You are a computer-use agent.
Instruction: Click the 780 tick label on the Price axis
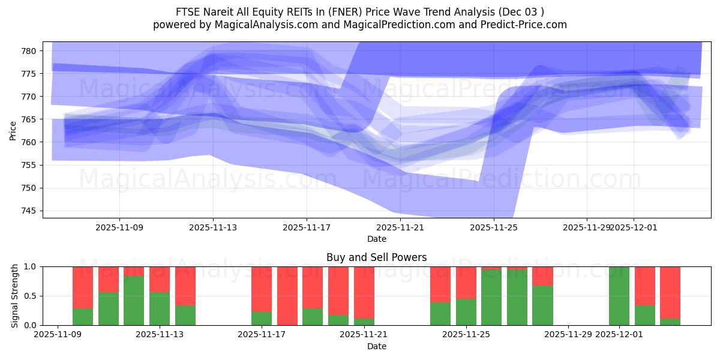(29, 51)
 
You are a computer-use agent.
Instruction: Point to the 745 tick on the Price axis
(29, 211)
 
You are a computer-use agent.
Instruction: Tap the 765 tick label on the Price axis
(29, 119)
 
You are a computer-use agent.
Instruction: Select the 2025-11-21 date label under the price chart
(400, 228)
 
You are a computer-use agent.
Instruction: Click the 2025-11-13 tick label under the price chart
(213, 228)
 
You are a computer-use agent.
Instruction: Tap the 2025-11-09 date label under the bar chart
(58, 335)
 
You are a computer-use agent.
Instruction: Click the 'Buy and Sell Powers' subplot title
(377, 257)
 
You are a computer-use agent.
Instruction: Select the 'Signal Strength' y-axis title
(15, 296)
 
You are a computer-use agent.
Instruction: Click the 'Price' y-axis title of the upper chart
(13, 130)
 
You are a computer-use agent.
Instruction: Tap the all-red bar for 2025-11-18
(287, 296)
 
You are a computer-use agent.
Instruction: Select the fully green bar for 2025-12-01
(619, 296)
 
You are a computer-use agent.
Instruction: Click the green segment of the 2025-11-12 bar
(134, 301)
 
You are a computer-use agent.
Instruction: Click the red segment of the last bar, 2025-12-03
(670, 292)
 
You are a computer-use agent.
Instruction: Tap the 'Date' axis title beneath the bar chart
(377, 346)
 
